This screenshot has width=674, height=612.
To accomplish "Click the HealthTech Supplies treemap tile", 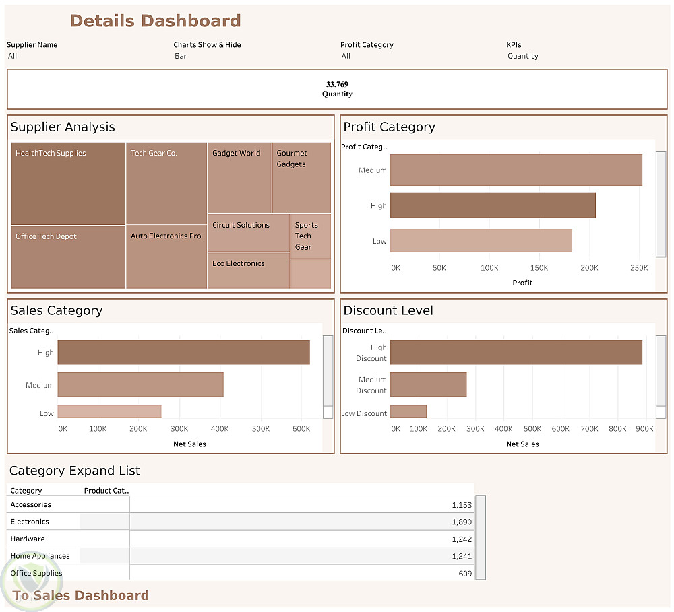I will pyautogui.click(x=68, y=183).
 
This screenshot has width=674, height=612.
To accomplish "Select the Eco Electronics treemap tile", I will pyautogui.click(x=248, y=271).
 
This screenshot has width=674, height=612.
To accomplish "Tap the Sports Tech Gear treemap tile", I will pyautogui.click(x=310, y=236).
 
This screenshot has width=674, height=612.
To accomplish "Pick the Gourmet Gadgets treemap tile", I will pyautogui.click(x=301, y=178).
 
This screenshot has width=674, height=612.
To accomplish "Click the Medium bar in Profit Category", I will pyautogui.click(x=516, y=170).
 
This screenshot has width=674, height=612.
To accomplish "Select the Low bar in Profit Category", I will pyautogui.click(x=481, y=241).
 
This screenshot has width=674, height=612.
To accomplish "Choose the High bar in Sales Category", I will pyautogui.click(x=183, y=352).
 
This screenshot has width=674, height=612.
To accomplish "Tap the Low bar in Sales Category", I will pyautogui.click(x=109, y=412).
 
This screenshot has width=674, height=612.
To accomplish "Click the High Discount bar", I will pyautogui.click(x=516, y=352).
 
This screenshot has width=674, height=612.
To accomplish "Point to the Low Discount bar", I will pyautogui.click(x=408, y=412).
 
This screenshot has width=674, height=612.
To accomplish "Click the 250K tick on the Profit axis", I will pyautogui.click(x=638, y=268).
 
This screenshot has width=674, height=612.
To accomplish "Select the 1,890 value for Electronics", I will pyautogui.click(x=462, y=522).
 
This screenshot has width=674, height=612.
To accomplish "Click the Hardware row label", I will pyautogui.click(x=28, y=539).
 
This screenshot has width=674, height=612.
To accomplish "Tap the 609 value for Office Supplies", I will pyautogui.click(x=465, y=574).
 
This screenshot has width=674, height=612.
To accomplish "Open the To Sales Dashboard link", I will pyautogui.click(x=81, y=595).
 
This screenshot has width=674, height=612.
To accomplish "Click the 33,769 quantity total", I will pyautogui.click(x=337, y=84).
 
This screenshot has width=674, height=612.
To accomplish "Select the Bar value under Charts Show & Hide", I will pyautogui.click(x=181, y=56).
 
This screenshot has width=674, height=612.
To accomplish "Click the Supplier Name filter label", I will pyautogui.click(x=32, y=45).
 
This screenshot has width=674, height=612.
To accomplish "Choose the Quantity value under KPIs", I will pyautogui.click(x=522, y=56).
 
